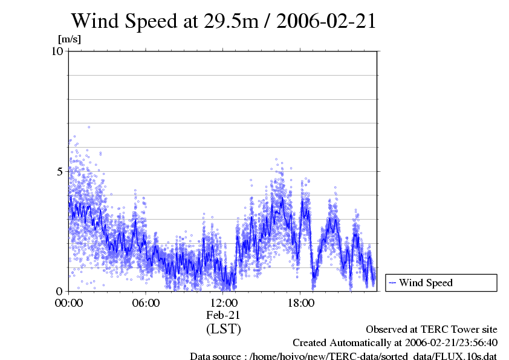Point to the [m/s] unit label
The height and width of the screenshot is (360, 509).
[x=69, y=39]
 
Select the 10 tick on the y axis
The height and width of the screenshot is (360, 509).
[x=57, y=51]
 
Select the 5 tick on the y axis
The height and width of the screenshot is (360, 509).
[x=60, y=171]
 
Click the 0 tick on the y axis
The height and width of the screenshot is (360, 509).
[x=60, y=291]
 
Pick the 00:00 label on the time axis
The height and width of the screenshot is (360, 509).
[x=68, y=303]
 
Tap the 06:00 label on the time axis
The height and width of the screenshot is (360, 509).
[x=146, y=303]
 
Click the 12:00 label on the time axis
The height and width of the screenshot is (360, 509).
[x=223, y=303]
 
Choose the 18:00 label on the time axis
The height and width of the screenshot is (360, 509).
[x=300, y=303]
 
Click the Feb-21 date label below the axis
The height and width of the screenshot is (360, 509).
[x=223, y=315]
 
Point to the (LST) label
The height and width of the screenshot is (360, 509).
[x=223, y=329]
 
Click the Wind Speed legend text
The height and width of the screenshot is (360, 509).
[x=426, y=283]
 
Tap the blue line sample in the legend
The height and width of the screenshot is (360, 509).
[x=392, y=283]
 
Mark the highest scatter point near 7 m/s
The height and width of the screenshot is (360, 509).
[x=89, y=127]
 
